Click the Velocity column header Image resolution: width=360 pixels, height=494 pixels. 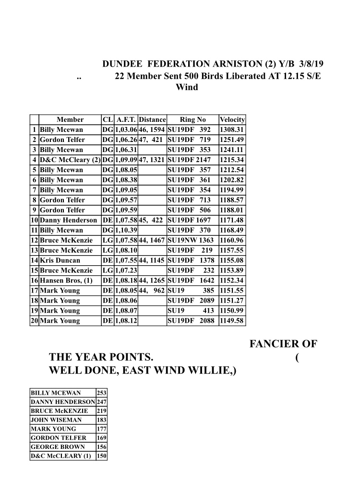[232, 119]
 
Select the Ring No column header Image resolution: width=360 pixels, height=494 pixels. [192, 119]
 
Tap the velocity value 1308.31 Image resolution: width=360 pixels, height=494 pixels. [232, 129]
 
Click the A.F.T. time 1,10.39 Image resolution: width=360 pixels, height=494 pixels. [126, 230]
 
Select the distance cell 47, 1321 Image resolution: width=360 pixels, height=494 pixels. [152, 160]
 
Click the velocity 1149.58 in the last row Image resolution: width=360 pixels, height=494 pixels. [232, 321]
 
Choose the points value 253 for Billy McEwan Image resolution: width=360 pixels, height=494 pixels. [101, 393]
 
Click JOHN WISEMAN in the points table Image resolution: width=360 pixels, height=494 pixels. [56, 420]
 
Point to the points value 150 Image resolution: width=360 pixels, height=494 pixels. [101, 456]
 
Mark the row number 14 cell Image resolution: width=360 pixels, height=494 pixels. [34, 260]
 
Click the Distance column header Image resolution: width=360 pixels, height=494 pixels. [152, 119]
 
